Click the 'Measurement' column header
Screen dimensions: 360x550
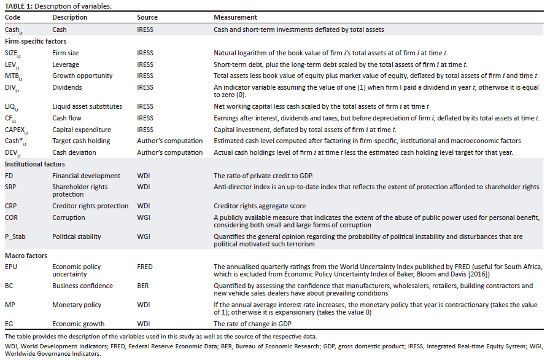235,17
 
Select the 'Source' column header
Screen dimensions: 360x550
147,17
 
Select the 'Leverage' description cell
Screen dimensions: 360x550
66,65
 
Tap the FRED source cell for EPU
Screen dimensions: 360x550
145,267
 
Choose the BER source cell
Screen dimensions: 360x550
143,286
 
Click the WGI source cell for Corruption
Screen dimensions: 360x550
144,217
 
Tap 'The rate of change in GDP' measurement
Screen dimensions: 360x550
253,323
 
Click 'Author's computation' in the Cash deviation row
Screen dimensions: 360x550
170,152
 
